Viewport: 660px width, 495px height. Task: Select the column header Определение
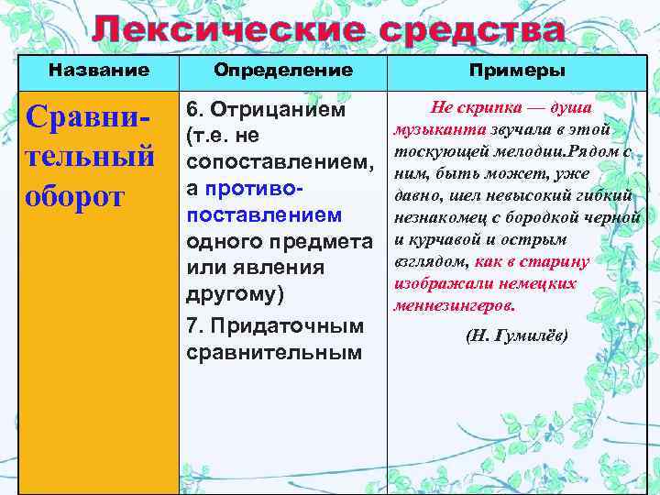coord(282,70)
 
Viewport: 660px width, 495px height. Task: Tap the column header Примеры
coord(517,71)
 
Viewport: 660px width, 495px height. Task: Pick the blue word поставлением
coord(264,214)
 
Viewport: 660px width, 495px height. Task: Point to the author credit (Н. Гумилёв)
coord(517,336)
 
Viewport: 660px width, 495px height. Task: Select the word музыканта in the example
coord(434,129)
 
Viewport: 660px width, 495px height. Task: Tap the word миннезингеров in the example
coord(455,305)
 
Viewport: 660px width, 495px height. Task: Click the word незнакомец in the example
coord(436,217)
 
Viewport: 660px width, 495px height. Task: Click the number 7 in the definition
coord(192,326)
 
